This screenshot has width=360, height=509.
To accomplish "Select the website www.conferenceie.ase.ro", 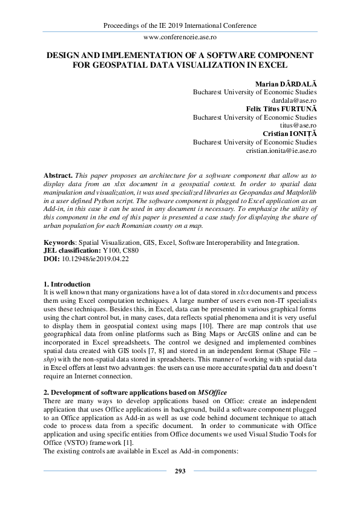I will coord(180,37).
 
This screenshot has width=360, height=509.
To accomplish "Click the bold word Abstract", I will coord(60,174).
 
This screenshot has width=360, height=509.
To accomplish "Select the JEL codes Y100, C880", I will coord(119,250).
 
